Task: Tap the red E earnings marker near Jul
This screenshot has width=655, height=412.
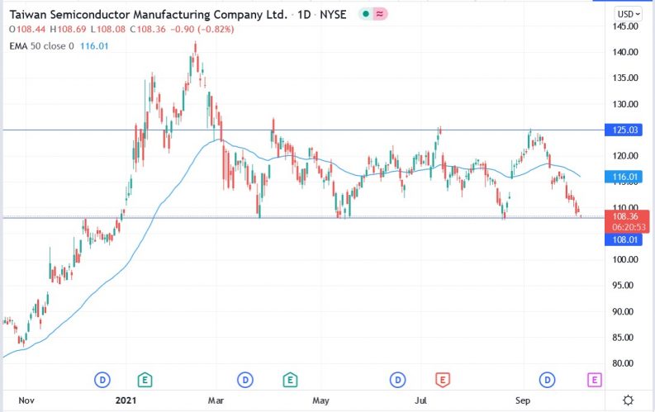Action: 442,380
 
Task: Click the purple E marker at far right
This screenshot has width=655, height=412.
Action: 594,380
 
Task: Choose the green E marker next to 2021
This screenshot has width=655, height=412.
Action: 145,380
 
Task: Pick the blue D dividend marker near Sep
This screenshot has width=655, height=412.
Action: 546,380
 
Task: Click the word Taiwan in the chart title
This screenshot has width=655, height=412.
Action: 27,15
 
